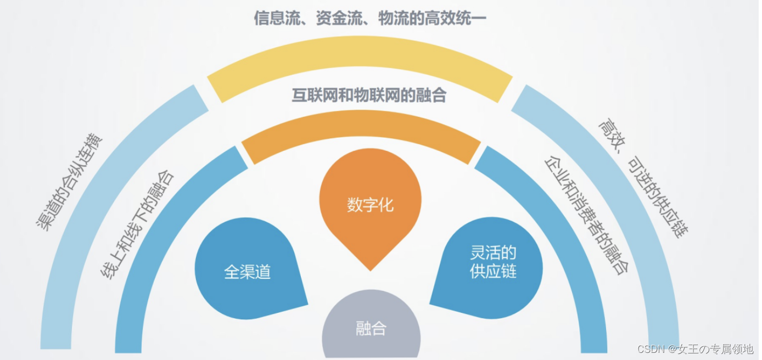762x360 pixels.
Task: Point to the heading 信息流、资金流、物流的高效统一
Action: [x=370, y=19]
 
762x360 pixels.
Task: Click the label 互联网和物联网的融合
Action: [x=369, y=95]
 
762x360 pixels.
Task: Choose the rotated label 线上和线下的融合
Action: [x=137, y=225]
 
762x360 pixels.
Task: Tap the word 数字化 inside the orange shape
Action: [x=371, y=205]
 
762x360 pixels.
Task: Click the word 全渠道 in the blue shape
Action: [x=248, y=272]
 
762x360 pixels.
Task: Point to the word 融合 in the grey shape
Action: [x=371, y=329]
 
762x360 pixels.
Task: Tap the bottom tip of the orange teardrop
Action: [x=371, y=269]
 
